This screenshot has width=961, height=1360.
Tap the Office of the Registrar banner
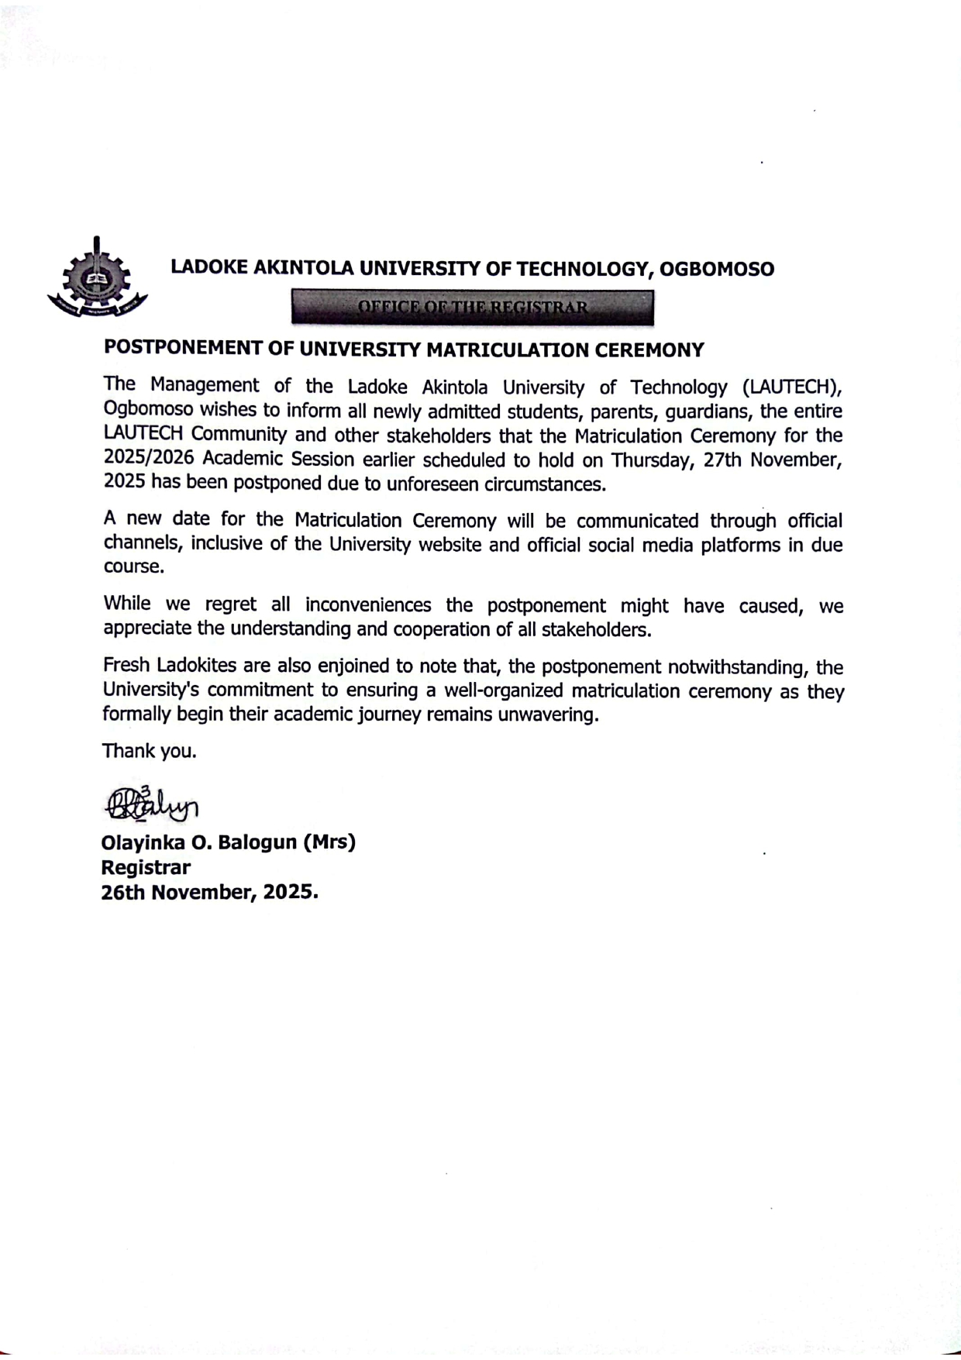coord(472,308)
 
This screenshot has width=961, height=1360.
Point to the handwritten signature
coord(152,803)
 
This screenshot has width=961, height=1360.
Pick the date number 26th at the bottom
coord(122,892)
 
